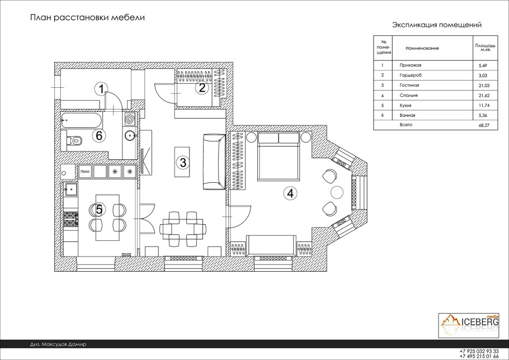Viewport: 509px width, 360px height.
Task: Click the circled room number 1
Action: pyautogui.click(x=102, y=88)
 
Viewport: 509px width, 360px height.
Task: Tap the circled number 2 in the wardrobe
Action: pyautogui.click(x=202, y=88)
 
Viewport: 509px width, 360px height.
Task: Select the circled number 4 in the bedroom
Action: pyautogui.click(x=290, y=193)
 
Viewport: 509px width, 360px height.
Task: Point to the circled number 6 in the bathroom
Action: pyautogui.click(x=99, y=135)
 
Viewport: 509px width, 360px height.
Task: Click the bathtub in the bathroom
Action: pyautogui.click(x=81, y=120)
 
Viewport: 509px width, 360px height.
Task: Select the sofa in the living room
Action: pyautogui.click(x=214, y=162)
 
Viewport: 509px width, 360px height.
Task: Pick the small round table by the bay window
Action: pyautogui.click(x=337, y=192)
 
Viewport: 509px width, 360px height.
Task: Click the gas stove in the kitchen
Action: pyautogui.click(x=71, y=219)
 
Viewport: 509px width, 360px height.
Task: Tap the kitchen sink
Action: pyautogui.click(x=71, y=189)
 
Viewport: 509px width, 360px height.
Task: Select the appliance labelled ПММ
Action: pyautogui.click(x=85, y=172)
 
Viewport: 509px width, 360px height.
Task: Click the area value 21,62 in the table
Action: pyautogui.click(x=484, y=96)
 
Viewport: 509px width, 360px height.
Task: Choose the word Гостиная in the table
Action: pyautogui.click(x=409, y=86)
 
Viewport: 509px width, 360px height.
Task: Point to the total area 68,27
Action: pyautogui.click(x=484, y=125)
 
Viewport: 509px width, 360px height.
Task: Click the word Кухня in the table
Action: pyautogui.click(x=406, y=106)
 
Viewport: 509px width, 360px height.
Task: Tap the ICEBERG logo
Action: pyautogui.click(x=469, y=325)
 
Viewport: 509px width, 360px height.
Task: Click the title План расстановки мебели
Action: pyautogui.click(x=87, y=17)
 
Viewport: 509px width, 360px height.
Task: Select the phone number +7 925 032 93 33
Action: pyautogui.click(x=479, y=351)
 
